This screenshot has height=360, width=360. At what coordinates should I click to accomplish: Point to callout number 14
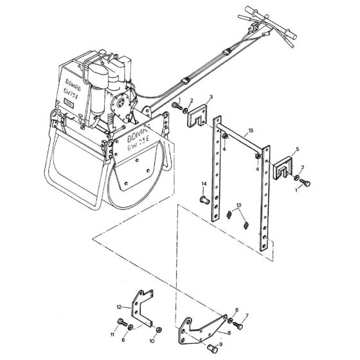203,184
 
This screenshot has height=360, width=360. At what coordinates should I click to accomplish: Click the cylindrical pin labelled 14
206,199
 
